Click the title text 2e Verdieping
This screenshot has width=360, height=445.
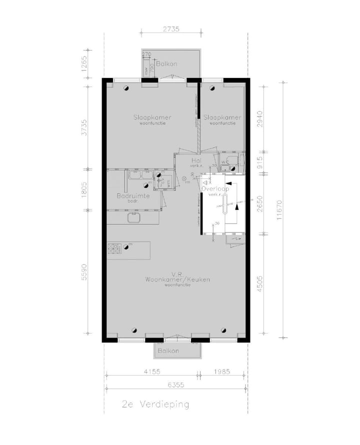[x=156, y=404]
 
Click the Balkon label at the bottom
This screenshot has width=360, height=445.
[x=168, y=351]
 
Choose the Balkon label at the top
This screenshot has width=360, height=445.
[x=166, y=64]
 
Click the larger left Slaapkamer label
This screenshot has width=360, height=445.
[x=152, y=117]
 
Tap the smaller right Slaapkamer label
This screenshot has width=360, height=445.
[x=222, y=117]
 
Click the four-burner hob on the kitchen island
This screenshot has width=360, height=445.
[x=114, y=248]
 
